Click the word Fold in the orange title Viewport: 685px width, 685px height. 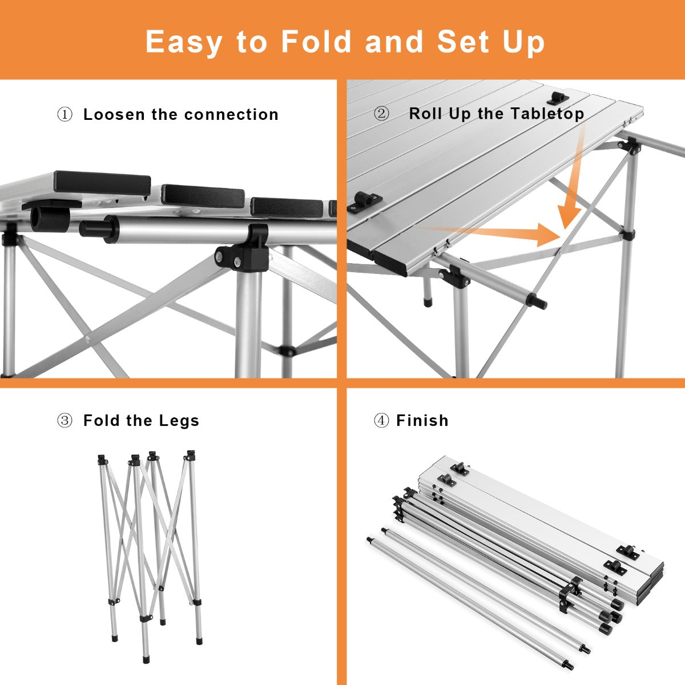(316, 42)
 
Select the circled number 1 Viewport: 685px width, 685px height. (65, 115)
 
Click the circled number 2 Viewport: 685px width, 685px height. (381, 114)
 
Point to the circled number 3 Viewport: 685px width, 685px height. (65, 421)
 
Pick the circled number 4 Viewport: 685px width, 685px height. (381, 421)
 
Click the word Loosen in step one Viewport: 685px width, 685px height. (115, 115)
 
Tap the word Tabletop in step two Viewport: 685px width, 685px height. (547, 114)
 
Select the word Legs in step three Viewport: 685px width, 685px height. (179, 421)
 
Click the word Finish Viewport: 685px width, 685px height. (422, 421)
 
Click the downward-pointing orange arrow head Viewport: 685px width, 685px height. (568, 216)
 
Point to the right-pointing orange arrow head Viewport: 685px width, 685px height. (549, 235)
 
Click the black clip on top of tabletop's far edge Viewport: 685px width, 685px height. (557, 98)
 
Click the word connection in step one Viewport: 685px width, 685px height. (231, 115)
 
